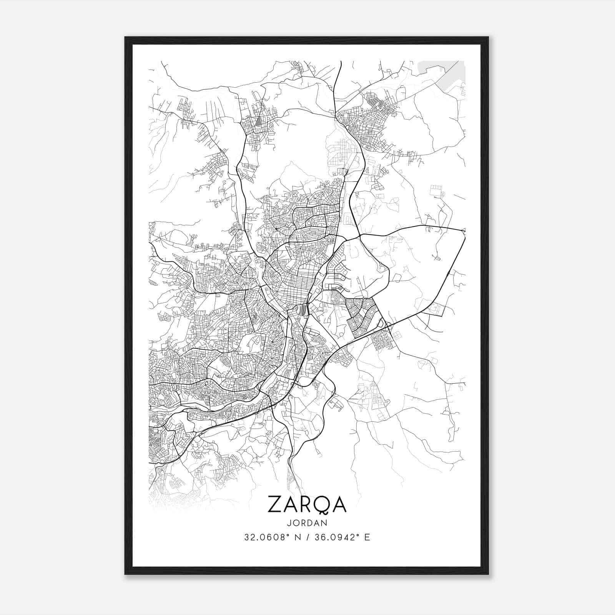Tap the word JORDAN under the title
click(x=307, y=523)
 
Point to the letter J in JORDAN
click(x=288, y=523)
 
